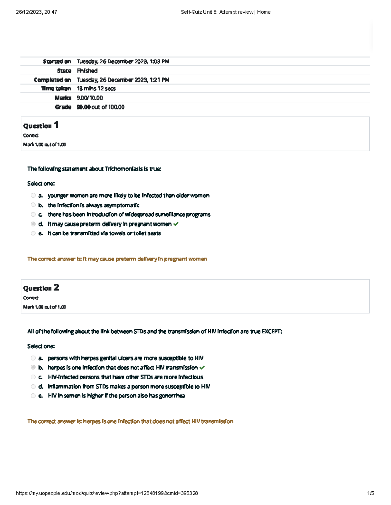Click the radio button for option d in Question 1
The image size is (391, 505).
33,224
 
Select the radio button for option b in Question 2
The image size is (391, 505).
33,367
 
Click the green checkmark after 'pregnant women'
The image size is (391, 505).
176,224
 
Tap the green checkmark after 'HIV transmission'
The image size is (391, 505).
202,368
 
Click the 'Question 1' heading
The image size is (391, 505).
41,126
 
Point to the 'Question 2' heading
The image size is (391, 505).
41,288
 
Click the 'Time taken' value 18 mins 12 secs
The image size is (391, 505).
96,88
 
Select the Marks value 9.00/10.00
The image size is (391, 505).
90,98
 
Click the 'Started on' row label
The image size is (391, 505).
57,61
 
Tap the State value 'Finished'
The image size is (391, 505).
87,71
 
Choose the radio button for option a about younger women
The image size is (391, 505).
33,195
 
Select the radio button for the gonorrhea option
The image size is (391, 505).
33,396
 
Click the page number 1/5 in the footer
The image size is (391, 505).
370,493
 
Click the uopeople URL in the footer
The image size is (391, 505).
107,493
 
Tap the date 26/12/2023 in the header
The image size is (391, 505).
28,12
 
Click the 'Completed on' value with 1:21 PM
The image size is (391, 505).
123,80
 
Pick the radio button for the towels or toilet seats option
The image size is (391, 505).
33,233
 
